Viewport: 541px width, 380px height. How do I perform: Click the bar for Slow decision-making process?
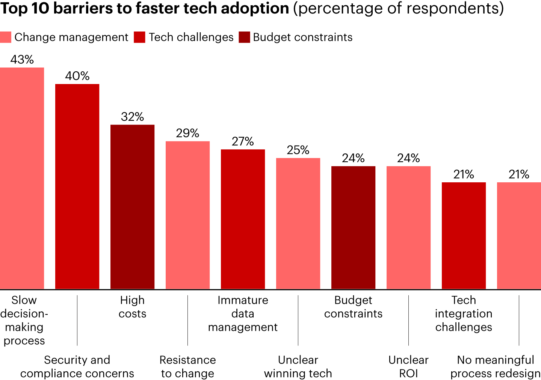pos(22,178)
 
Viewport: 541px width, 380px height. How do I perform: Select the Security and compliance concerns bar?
pos(77,186)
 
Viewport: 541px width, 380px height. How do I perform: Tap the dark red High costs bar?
pos(132,207)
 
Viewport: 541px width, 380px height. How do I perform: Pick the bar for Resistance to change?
pos(187,215)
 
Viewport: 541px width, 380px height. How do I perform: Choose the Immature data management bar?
pos(243,219)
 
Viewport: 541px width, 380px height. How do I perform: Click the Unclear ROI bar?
pos(408,227)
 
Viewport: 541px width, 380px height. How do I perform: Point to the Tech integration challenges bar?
pos(464,236)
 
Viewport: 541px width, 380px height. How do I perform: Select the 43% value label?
pos(22,60)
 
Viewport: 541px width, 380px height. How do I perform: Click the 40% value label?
pos(77,76)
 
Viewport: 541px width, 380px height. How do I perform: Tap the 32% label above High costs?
pos(132,117)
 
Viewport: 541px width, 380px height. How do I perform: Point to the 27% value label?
pos(243,141)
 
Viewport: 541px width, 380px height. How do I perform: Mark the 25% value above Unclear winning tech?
pos(298,150)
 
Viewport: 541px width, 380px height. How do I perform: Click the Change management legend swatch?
pos(6,37)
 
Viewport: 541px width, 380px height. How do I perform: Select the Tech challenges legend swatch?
pos(139,37)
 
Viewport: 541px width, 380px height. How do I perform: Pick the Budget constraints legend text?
pos(302,37)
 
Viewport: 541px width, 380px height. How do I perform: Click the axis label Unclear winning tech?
pos(298,366)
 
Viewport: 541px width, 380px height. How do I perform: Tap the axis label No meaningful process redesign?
pos(495,366)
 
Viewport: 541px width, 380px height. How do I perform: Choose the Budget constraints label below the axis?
pos(353,306)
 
